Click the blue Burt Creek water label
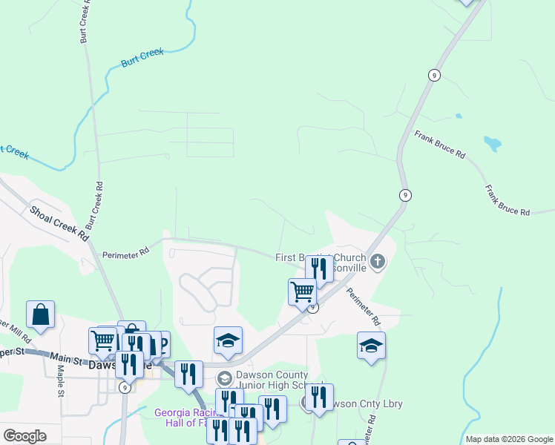[x=142, y=58]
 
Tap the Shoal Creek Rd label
[x=59, y=222]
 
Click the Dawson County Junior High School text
[x=280, y=380]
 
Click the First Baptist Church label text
[x=320, y=258]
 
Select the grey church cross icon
[x=378, y=261]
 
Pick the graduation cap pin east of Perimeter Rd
[x=371, y=345]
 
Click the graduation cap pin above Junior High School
[x=228, y=340]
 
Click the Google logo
[x=24, y=436]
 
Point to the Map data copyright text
[x=510, y=439]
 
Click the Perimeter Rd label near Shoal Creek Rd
[x=125, y=254]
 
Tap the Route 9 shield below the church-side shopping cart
[x=313, y=307]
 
